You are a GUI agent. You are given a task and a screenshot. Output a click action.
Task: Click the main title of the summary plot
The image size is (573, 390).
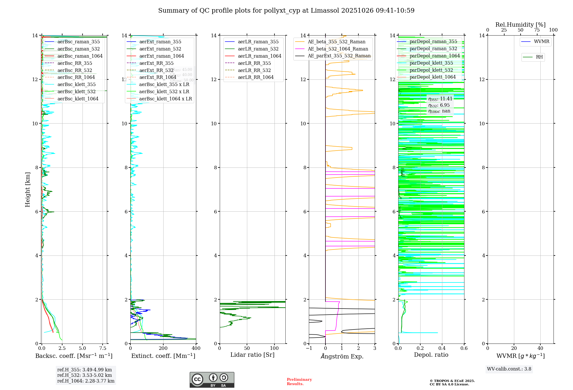tap(286, 11)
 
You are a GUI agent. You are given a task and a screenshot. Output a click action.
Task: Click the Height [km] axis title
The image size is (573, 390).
tap(28, 190)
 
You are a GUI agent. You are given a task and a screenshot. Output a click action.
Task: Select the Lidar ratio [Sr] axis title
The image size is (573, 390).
tap(252, 355)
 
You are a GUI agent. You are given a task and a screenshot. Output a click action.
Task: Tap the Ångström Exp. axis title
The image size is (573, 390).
tap(342, 356)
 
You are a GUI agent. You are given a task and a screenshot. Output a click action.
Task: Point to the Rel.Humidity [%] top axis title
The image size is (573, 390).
tap(520, 25)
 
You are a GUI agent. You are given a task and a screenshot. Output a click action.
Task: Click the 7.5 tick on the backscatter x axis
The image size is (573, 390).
tap(103, 348)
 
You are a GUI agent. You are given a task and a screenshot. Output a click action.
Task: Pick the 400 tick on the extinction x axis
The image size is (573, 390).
tap(196, 348)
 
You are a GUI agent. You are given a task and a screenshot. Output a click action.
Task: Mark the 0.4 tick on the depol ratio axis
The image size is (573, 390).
tap(442, 348)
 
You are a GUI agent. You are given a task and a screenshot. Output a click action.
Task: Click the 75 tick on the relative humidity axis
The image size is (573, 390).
tap(537, 30)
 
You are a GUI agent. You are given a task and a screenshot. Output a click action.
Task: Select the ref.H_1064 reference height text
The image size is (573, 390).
tap(86, 381)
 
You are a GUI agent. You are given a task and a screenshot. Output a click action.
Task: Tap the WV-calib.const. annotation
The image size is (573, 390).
tap(509, 369)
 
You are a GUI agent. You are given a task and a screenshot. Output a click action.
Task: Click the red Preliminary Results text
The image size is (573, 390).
tap(299, 382)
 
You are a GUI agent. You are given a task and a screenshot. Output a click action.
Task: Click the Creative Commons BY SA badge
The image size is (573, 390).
tap(212, 380)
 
